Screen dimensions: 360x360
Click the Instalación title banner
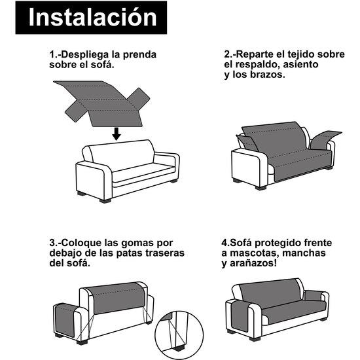[93, 18]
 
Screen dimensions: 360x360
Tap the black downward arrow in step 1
[116, 133]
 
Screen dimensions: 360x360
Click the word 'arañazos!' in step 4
[256, 263]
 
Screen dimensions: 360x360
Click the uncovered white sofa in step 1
[128, 170]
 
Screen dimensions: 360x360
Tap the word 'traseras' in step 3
[164, 252]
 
